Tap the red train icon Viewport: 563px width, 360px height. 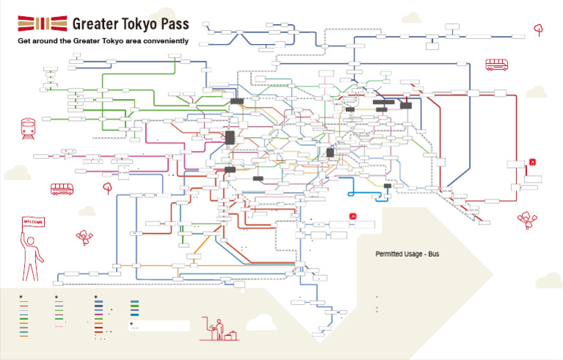click(29, 128)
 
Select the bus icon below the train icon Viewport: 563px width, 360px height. click(63, 189)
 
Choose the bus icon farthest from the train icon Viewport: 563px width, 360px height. click(497, 65)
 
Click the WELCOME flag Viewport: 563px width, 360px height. click(33, 221)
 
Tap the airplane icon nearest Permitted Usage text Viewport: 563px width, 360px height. click(353, 216)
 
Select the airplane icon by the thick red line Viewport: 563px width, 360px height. click(534, 162)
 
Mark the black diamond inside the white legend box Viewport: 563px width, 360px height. click(132, 323)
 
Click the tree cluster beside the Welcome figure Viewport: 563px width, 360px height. click(84, 236)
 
